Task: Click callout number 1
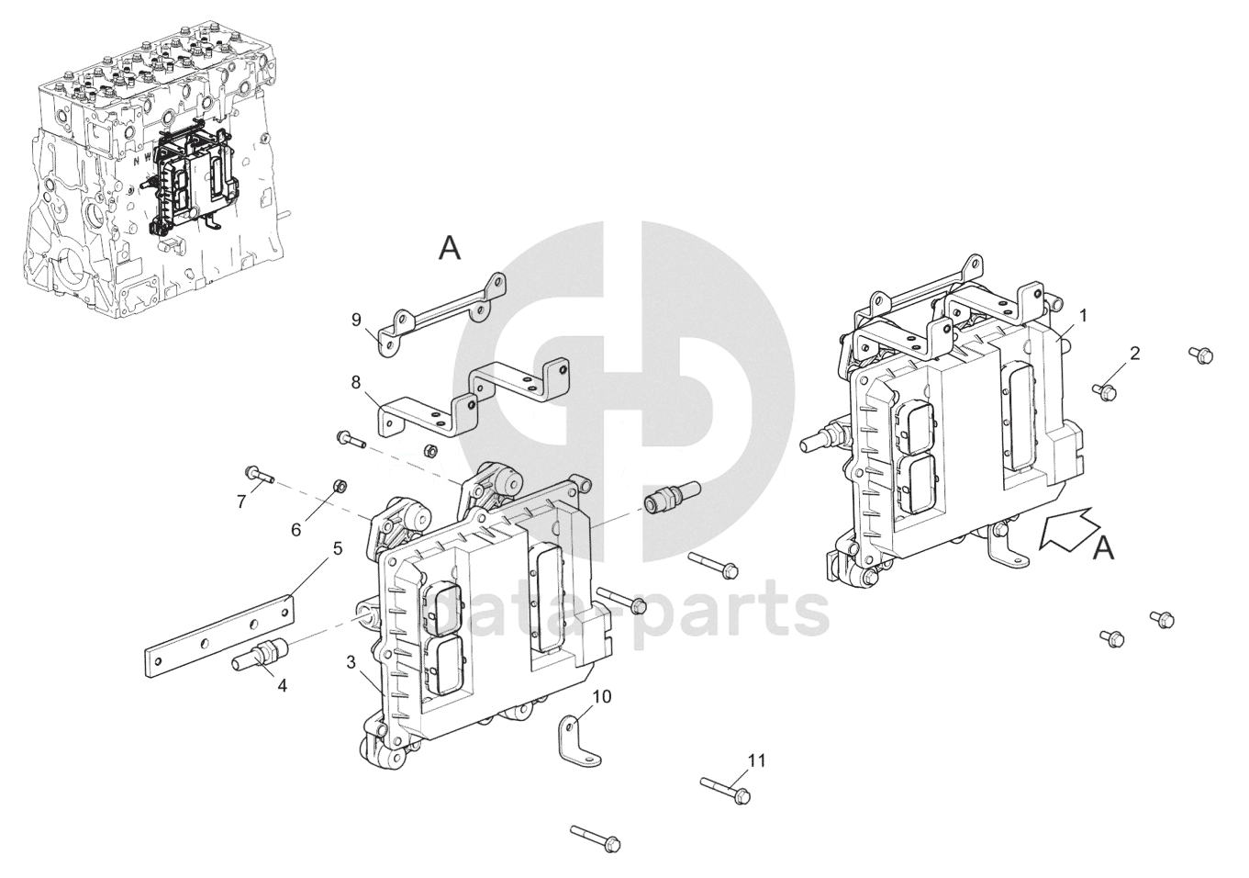tap(1083, 315)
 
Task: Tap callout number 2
tap(1135, 353)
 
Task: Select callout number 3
tap(351, 661)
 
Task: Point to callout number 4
tap(282, 685)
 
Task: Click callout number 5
tap(337, 548)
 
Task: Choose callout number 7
tap(241, 501)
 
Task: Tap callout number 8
tap(356, 380)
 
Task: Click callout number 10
tap(601, 695)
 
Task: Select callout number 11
tap(755, 760)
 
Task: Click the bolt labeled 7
tap(261, 475)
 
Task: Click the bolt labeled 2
tap(1103, 391)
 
